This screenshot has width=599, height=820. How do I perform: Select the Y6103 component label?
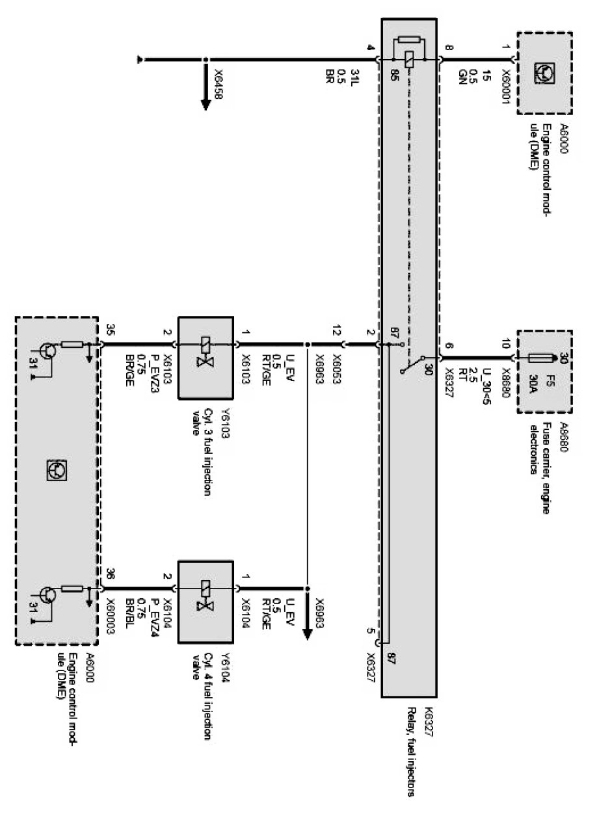tap(225, 442)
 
